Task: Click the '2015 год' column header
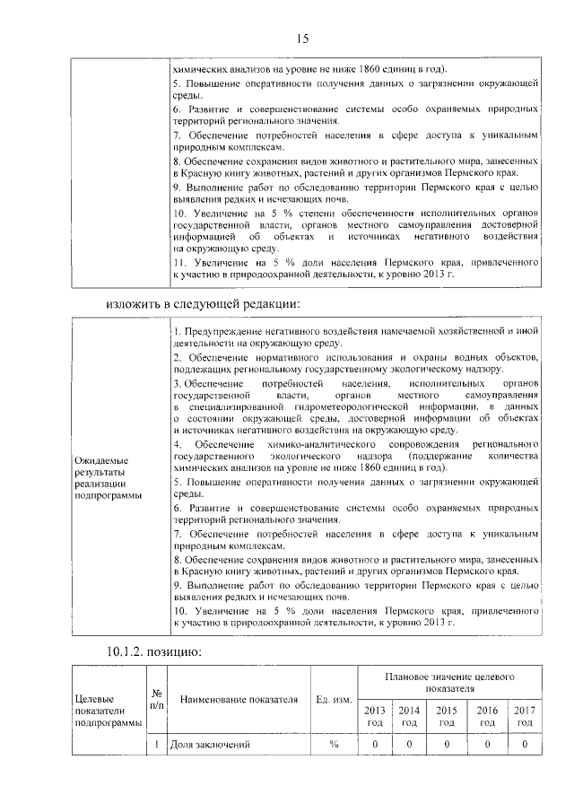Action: [x=446, y=716]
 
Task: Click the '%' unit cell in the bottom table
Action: [x=334, y=745]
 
